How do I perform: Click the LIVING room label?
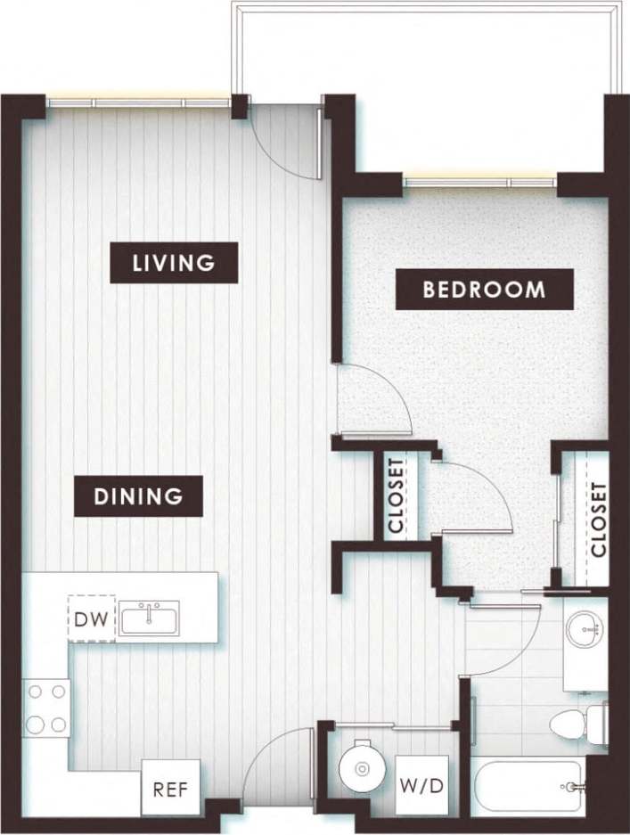click(x=174, y=263)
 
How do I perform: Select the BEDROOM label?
click(x=484, y=290)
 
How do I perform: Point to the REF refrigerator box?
click(x=170, y=788)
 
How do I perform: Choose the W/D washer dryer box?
click(x=421, y=788)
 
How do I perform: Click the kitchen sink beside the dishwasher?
click(x=150, y=618)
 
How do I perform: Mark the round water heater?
click(x=361, y=764)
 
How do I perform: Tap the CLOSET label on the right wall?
click(x=597, y=520)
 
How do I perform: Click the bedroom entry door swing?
click(x=372, y=401)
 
